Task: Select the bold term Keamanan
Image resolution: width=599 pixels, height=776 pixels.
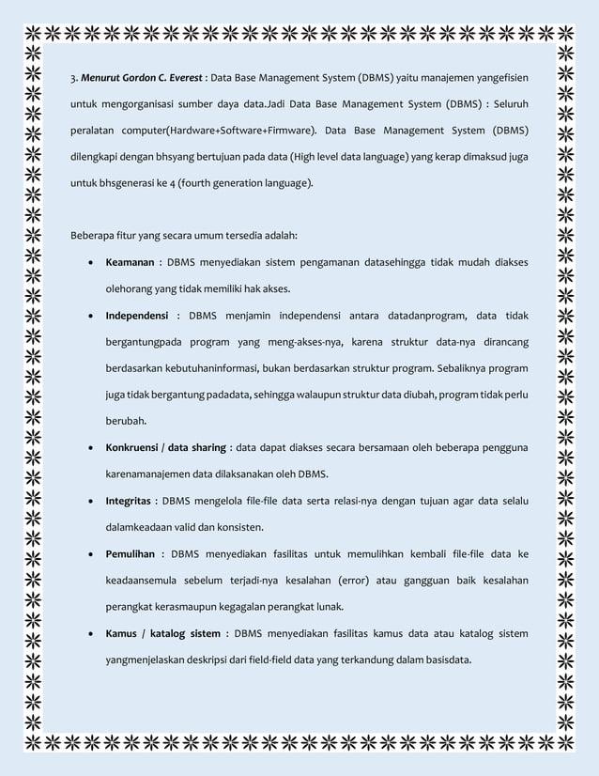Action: (129, 261)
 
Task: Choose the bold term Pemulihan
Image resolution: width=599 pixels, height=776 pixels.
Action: (131, 552)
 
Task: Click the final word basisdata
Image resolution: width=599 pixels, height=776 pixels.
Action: (448, 659)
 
